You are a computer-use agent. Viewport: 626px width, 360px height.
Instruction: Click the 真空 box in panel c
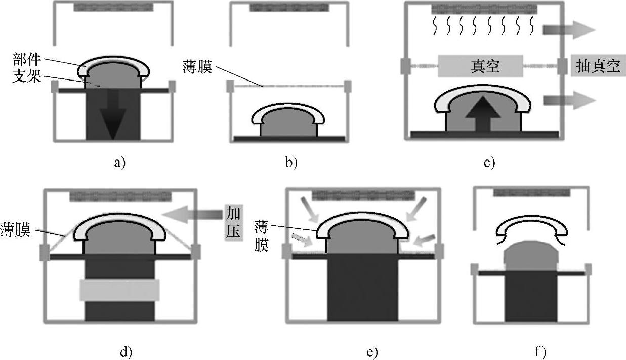pyautogui.click(x=479, y=66)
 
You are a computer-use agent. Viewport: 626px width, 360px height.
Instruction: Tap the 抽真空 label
pyautogui.click(x=598, y=66)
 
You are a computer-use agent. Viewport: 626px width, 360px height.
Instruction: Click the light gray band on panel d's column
pyautogui.click(x=119, y=290)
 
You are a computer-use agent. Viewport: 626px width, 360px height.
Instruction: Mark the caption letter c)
pyautogui.click(x=489, y=163)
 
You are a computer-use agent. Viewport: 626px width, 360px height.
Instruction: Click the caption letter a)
pyautogui.click(x=119, y=163)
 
